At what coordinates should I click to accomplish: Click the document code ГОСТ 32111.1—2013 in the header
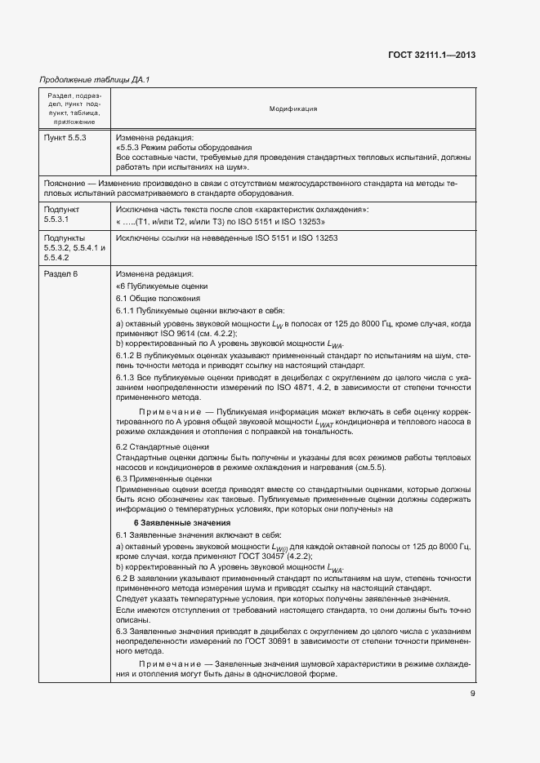[x=431, y=54]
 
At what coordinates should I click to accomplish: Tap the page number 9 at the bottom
[x=472, y=694]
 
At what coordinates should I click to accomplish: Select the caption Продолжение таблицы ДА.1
[x=95, y=79]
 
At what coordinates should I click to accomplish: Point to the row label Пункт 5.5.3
[x=65, y=138]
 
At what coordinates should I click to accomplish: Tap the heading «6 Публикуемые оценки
[x=162, y=286]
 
